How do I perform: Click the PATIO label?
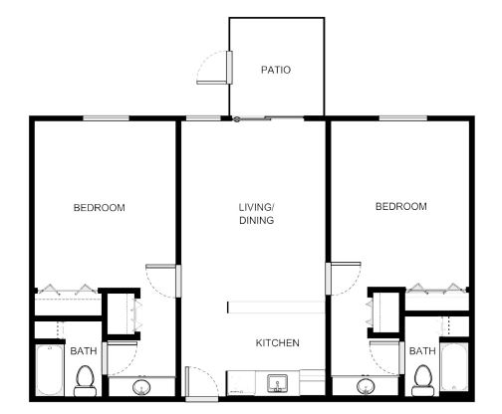coord(276,70)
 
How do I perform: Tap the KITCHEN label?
coord(277,342)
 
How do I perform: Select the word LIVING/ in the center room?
coord(256,207)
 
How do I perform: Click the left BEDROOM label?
coord(100,208)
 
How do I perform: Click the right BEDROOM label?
coord(401,206)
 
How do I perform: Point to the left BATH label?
coord(84,350)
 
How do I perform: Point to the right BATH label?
coord(422,350)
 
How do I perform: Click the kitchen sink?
coord(278,383)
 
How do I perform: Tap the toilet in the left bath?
coord(86,381)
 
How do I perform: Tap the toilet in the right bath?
coord(423,380)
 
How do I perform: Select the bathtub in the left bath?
coord(50,370)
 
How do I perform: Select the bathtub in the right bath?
coord(454,367)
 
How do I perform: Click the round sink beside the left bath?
coord(141,387)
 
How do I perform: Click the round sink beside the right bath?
coord(366,386)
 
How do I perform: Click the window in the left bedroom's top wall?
coord(106,118)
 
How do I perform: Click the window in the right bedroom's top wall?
coord(403,118)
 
